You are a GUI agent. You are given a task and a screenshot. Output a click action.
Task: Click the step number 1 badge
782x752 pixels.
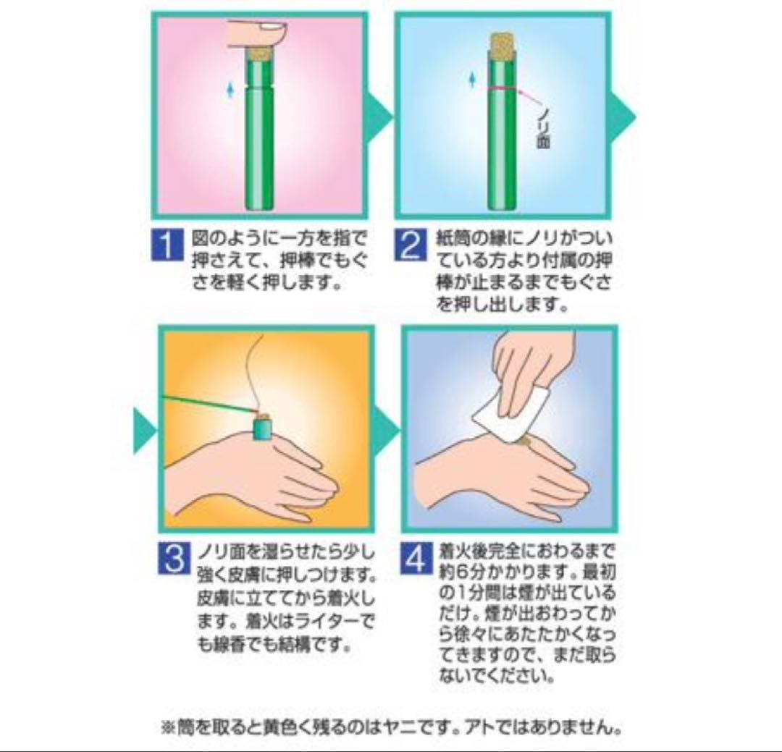[x=166, y=245]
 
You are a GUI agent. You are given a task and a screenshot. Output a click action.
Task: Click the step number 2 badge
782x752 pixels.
[x=410, y=245]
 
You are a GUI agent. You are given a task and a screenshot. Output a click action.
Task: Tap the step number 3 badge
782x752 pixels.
[x=174, y=558]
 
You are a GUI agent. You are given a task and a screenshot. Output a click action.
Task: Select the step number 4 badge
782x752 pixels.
[x=416, y=558]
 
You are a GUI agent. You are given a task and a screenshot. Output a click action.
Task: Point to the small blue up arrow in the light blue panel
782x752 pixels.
[x=472, y=80]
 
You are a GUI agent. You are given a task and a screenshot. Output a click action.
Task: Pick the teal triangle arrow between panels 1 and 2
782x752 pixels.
[x=380, y=117]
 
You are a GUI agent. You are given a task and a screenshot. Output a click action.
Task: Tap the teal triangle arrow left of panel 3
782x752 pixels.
[x=145, y=431]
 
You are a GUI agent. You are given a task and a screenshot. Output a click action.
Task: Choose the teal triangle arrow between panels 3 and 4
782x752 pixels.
[x=387, y=431]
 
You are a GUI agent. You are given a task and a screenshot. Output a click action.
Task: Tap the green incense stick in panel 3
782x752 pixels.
[x=209, y=403]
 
